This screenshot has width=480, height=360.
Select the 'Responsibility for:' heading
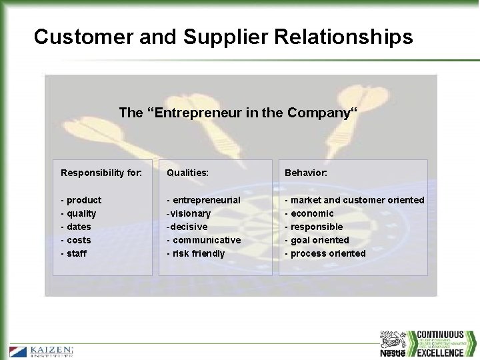pos(101,173)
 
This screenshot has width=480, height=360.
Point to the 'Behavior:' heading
pos(306,173)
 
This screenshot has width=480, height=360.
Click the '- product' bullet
pos(81,200)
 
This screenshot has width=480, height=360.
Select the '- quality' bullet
pos(79,213)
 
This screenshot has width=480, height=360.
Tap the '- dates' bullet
pos(76,227)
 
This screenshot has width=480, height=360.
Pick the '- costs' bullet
pos(76,240)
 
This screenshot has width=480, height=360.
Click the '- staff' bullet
pos(74,253)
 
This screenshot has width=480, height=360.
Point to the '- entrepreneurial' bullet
pos(203,200)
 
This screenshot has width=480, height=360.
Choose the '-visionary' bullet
pos(189,213)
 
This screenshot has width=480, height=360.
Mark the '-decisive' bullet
pos(187,227)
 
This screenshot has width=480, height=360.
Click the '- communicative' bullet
pos(204,240)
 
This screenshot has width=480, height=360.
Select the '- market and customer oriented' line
pos(355,200)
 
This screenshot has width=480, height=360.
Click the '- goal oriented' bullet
pos(317,240)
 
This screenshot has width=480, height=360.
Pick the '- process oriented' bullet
pos(325,253)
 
